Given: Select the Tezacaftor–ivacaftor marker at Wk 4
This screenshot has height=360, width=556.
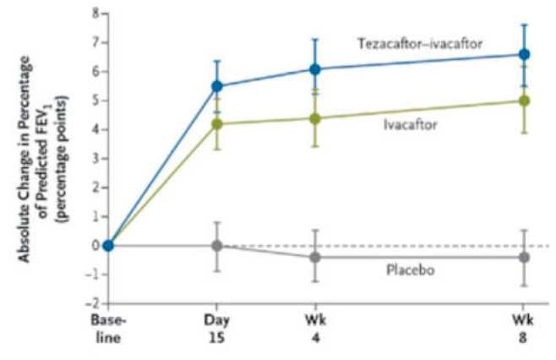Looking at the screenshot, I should pyautogui.click(x=314, y=69).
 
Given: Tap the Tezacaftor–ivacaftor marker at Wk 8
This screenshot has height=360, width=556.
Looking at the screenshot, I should pyautogui.click(x=524, y=54).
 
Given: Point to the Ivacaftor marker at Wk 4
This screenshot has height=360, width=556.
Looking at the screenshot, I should pyautogui.click(x=314, y=118).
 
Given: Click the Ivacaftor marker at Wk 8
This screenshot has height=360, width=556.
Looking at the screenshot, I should pyautogui.click(x=524, y=101).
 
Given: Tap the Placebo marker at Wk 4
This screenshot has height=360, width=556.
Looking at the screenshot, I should pyautogui.click(x=314, y=257).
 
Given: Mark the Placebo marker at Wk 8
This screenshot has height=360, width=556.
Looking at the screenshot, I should pyautogui.click(x=524, y=257).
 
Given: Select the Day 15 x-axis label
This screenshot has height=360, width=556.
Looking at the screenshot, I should pyautogui.click(x=216, y=328).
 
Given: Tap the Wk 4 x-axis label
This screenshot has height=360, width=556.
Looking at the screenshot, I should pyautogui.click(x=314, y=328).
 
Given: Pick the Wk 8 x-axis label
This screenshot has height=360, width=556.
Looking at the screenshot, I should pyautogui.click(x=524, y=328).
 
